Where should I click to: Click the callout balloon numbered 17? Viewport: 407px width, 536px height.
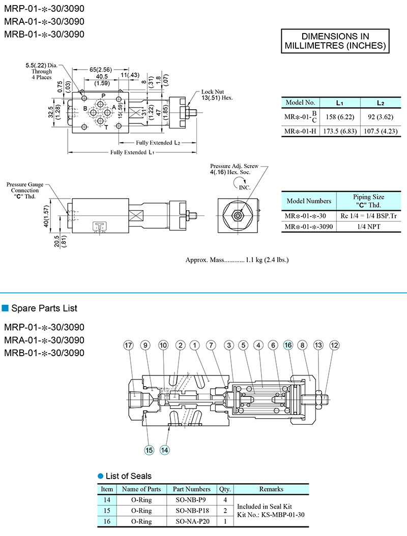[x=129, y=345]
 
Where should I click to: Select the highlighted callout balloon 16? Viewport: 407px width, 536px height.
[x=288, y=345]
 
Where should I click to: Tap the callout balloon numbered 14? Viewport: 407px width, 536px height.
[x=165, y=449]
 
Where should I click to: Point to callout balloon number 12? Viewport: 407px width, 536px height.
[x=334, y=345]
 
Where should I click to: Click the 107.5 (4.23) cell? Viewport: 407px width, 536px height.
[x=380, y=132]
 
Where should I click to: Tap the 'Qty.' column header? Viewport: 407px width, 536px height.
[x=225, y=489]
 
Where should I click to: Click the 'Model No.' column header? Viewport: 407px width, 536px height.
[x=303, y=102]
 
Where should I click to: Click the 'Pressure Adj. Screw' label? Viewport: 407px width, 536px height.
[x=234, y=167]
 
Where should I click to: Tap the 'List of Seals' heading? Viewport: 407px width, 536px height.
[x=128, y=476]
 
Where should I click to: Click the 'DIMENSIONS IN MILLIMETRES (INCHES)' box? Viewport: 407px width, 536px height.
[x=335, y=41]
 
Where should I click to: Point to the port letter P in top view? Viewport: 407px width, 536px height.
[x=103, y=96]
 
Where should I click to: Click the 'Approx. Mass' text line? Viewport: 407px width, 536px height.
[x=237, y=260]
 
